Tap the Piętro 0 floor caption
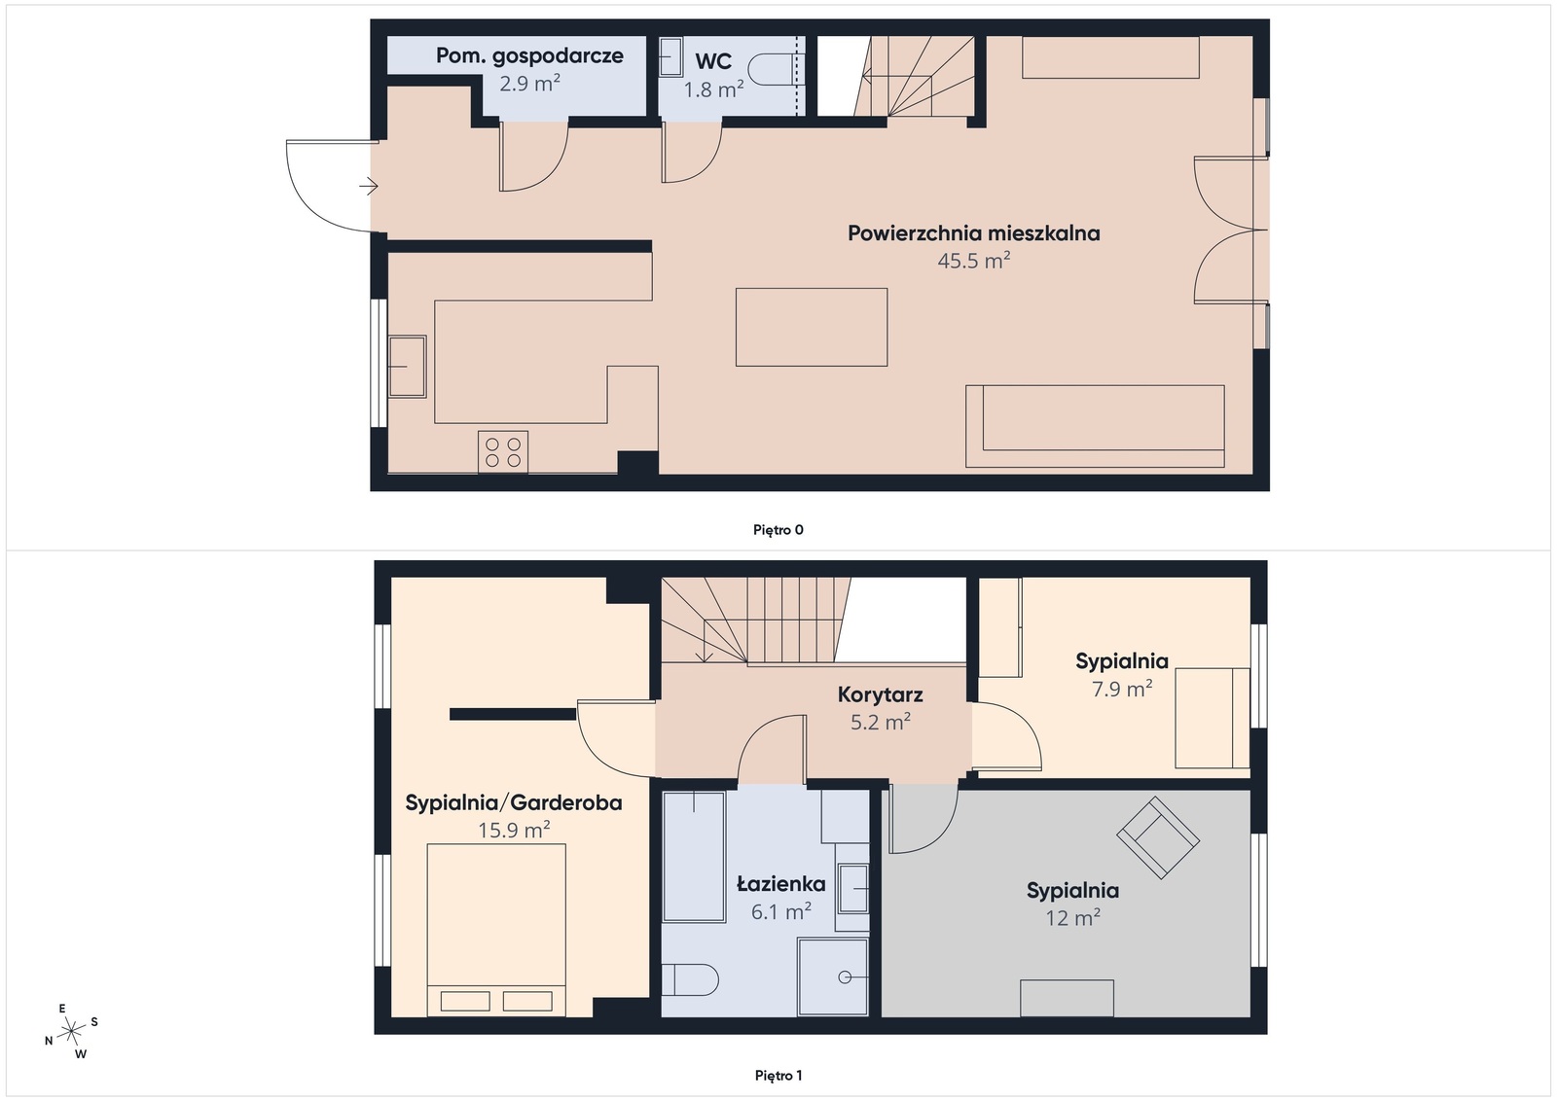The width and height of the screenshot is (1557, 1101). (778, 530)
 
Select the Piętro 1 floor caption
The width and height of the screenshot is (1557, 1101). (778, 1076)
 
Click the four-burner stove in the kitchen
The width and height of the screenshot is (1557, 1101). (503, 452)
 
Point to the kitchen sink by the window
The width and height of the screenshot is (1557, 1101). (407, 366)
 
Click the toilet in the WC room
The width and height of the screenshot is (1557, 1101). (770, 69)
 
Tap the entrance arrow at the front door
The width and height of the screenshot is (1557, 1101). (368, 185)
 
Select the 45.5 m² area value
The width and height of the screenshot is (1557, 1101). (973, 261)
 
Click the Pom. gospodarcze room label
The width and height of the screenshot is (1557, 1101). (529, 56)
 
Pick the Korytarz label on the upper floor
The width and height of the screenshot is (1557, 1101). (880, 695)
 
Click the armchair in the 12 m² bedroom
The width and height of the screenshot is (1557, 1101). (1157, 835)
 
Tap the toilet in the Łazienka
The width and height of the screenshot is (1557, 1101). (690, 978)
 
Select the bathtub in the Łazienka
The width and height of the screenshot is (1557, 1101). (694, 856)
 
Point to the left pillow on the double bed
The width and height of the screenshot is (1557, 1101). (465, 1000)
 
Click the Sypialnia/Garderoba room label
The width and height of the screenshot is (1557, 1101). (513, 803)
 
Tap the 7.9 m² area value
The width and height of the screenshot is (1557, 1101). (1121, 690)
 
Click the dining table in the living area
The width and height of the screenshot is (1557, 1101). (811, 327)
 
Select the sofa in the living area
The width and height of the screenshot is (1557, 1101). (1095, 426)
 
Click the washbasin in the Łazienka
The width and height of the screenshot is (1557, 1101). (852, 888)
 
